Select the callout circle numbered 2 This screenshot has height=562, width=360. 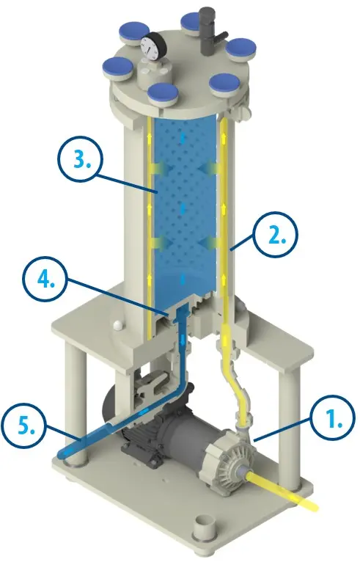276,235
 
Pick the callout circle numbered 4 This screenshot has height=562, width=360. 45,280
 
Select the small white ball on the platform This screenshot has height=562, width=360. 118,325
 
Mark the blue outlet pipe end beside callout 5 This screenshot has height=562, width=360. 65,454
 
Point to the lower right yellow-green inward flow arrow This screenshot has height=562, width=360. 209,243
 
